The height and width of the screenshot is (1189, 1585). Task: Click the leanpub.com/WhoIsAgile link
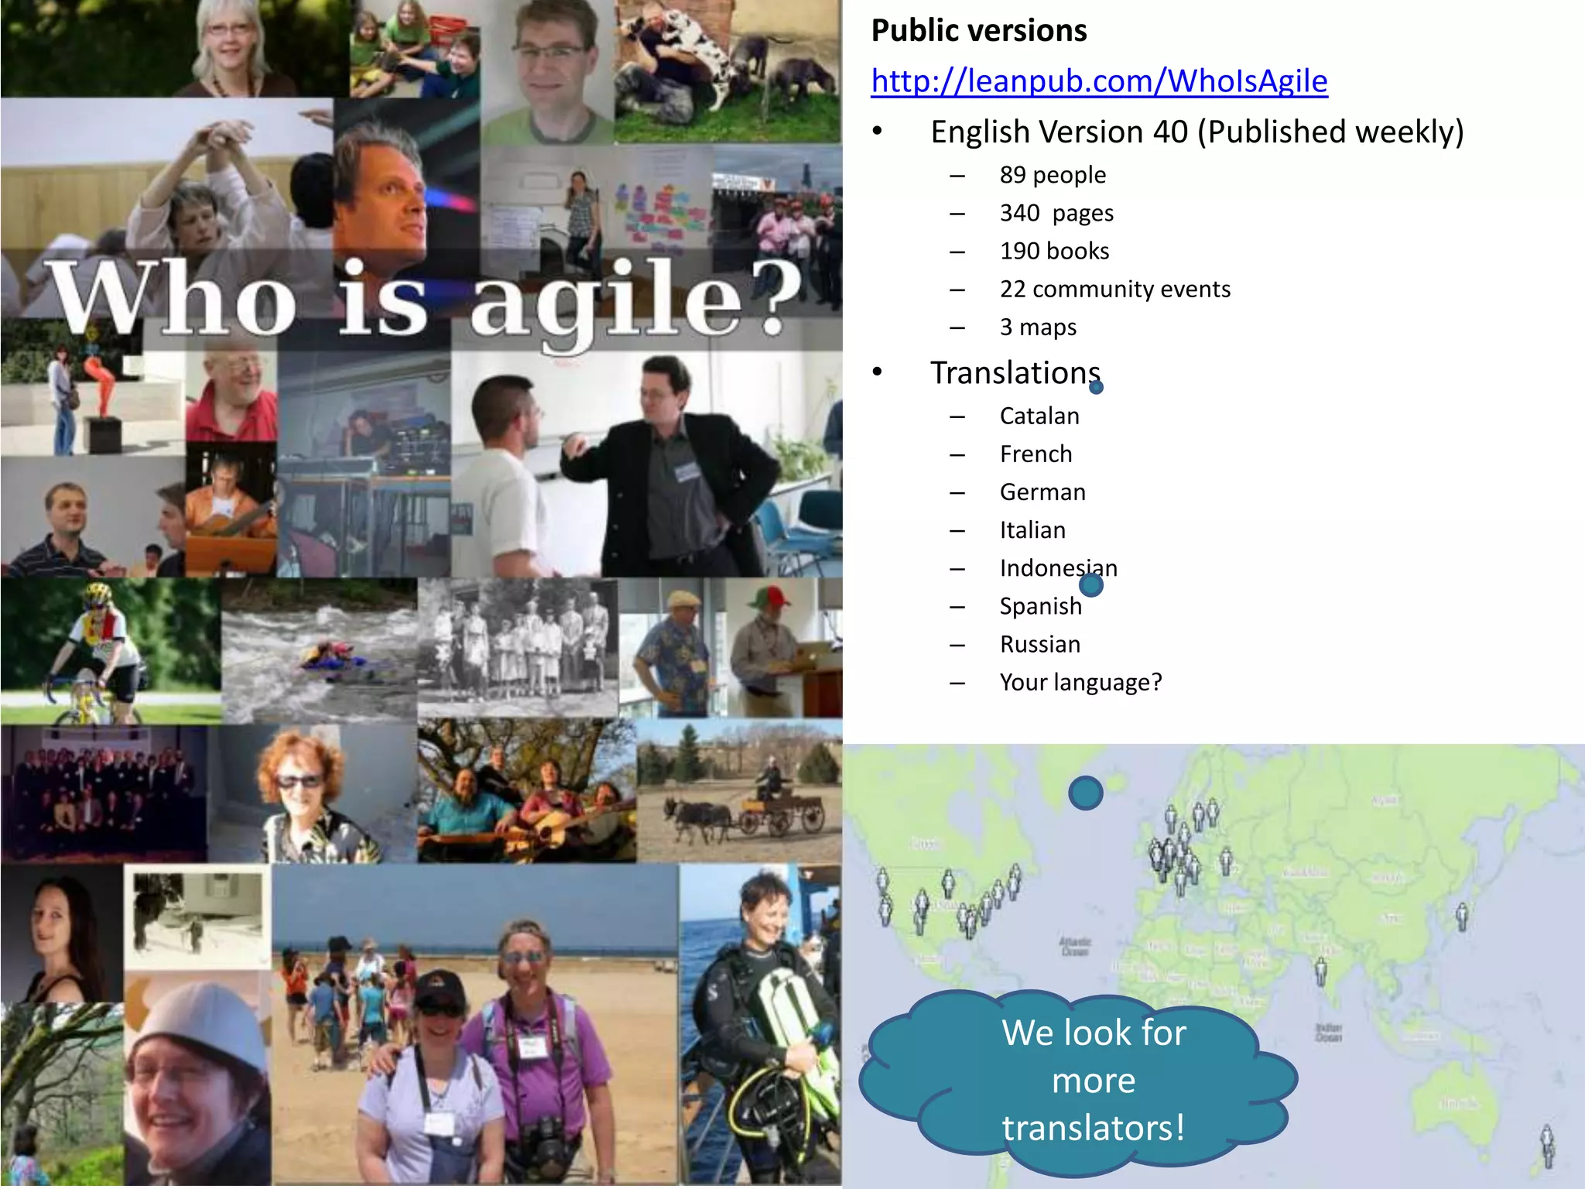[1099, 81]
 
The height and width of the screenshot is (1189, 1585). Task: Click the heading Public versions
[979, 31]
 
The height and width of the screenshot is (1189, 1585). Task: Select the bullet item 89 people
[1053, 175]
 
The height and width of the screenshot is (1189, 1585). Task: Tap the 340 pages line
[1056, 213]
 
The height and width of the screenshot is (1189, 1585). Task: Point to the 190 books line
[1054, 251]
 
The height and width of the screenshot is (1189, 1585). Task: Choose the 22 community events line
[1114, 289]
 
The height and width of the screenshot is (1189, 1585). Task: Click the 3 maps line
[1038, 327]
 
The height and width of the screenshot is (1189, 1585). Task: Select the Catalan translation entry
[1039, 416]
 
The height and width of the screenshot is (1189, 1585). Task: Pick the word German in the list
[1042, 492]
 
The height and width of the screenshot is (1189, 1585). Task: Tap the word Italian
[1032, 529]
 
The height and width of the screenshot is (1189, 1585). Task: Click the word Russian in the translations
[1039, 644]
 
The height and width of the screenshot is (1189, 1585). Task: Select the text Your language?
[1080, 682]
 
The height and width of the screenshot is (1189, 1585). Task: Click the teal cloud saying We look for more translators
[1083, 1080]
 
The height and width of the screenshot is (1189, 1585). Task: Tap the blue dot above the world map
[1086, 793]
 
